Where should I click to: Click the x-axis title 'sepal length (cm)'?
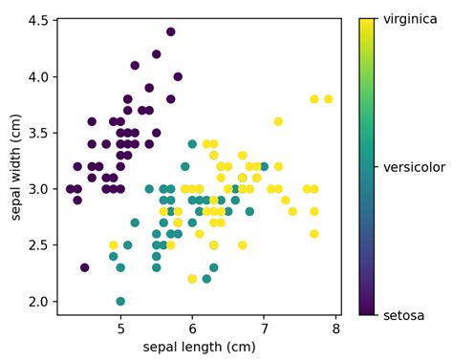point(199,346)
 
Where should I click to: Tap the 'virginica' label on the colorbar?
point(416,19)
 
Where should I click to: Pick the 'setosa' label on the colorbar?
point(404,315)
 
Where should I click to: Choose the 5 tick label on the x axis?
point(120,329)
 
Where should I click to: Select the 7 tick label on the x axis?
point(265,329)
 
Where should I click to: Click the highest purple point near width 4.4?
point(170,32)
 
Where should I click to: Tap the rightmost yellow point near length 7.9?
point(329,98)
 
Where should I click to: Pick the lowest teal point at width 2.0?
point(120,301)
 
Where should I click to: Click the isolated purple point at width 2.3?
point(84,267)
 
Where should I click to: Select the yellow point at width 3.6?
point(278,121)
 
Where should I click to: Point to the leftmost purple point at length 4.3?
point(70,189)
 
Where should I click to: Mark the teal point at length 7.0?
point(264,166)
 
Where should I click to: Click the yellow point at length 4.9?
point(113,245)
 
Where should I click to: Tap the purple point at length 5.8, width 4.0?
point(178,76)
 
